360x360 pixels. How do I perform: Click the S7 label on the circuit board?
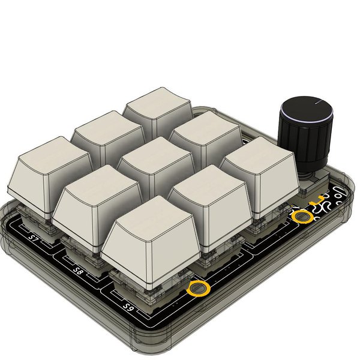point(34,242)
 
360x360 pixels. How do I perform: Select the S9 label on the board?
point(128,306)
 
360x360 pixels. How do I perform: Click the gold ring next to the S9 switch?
point(197,289)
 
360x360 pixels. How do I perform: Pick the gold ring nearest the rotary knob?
point(302,215)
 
